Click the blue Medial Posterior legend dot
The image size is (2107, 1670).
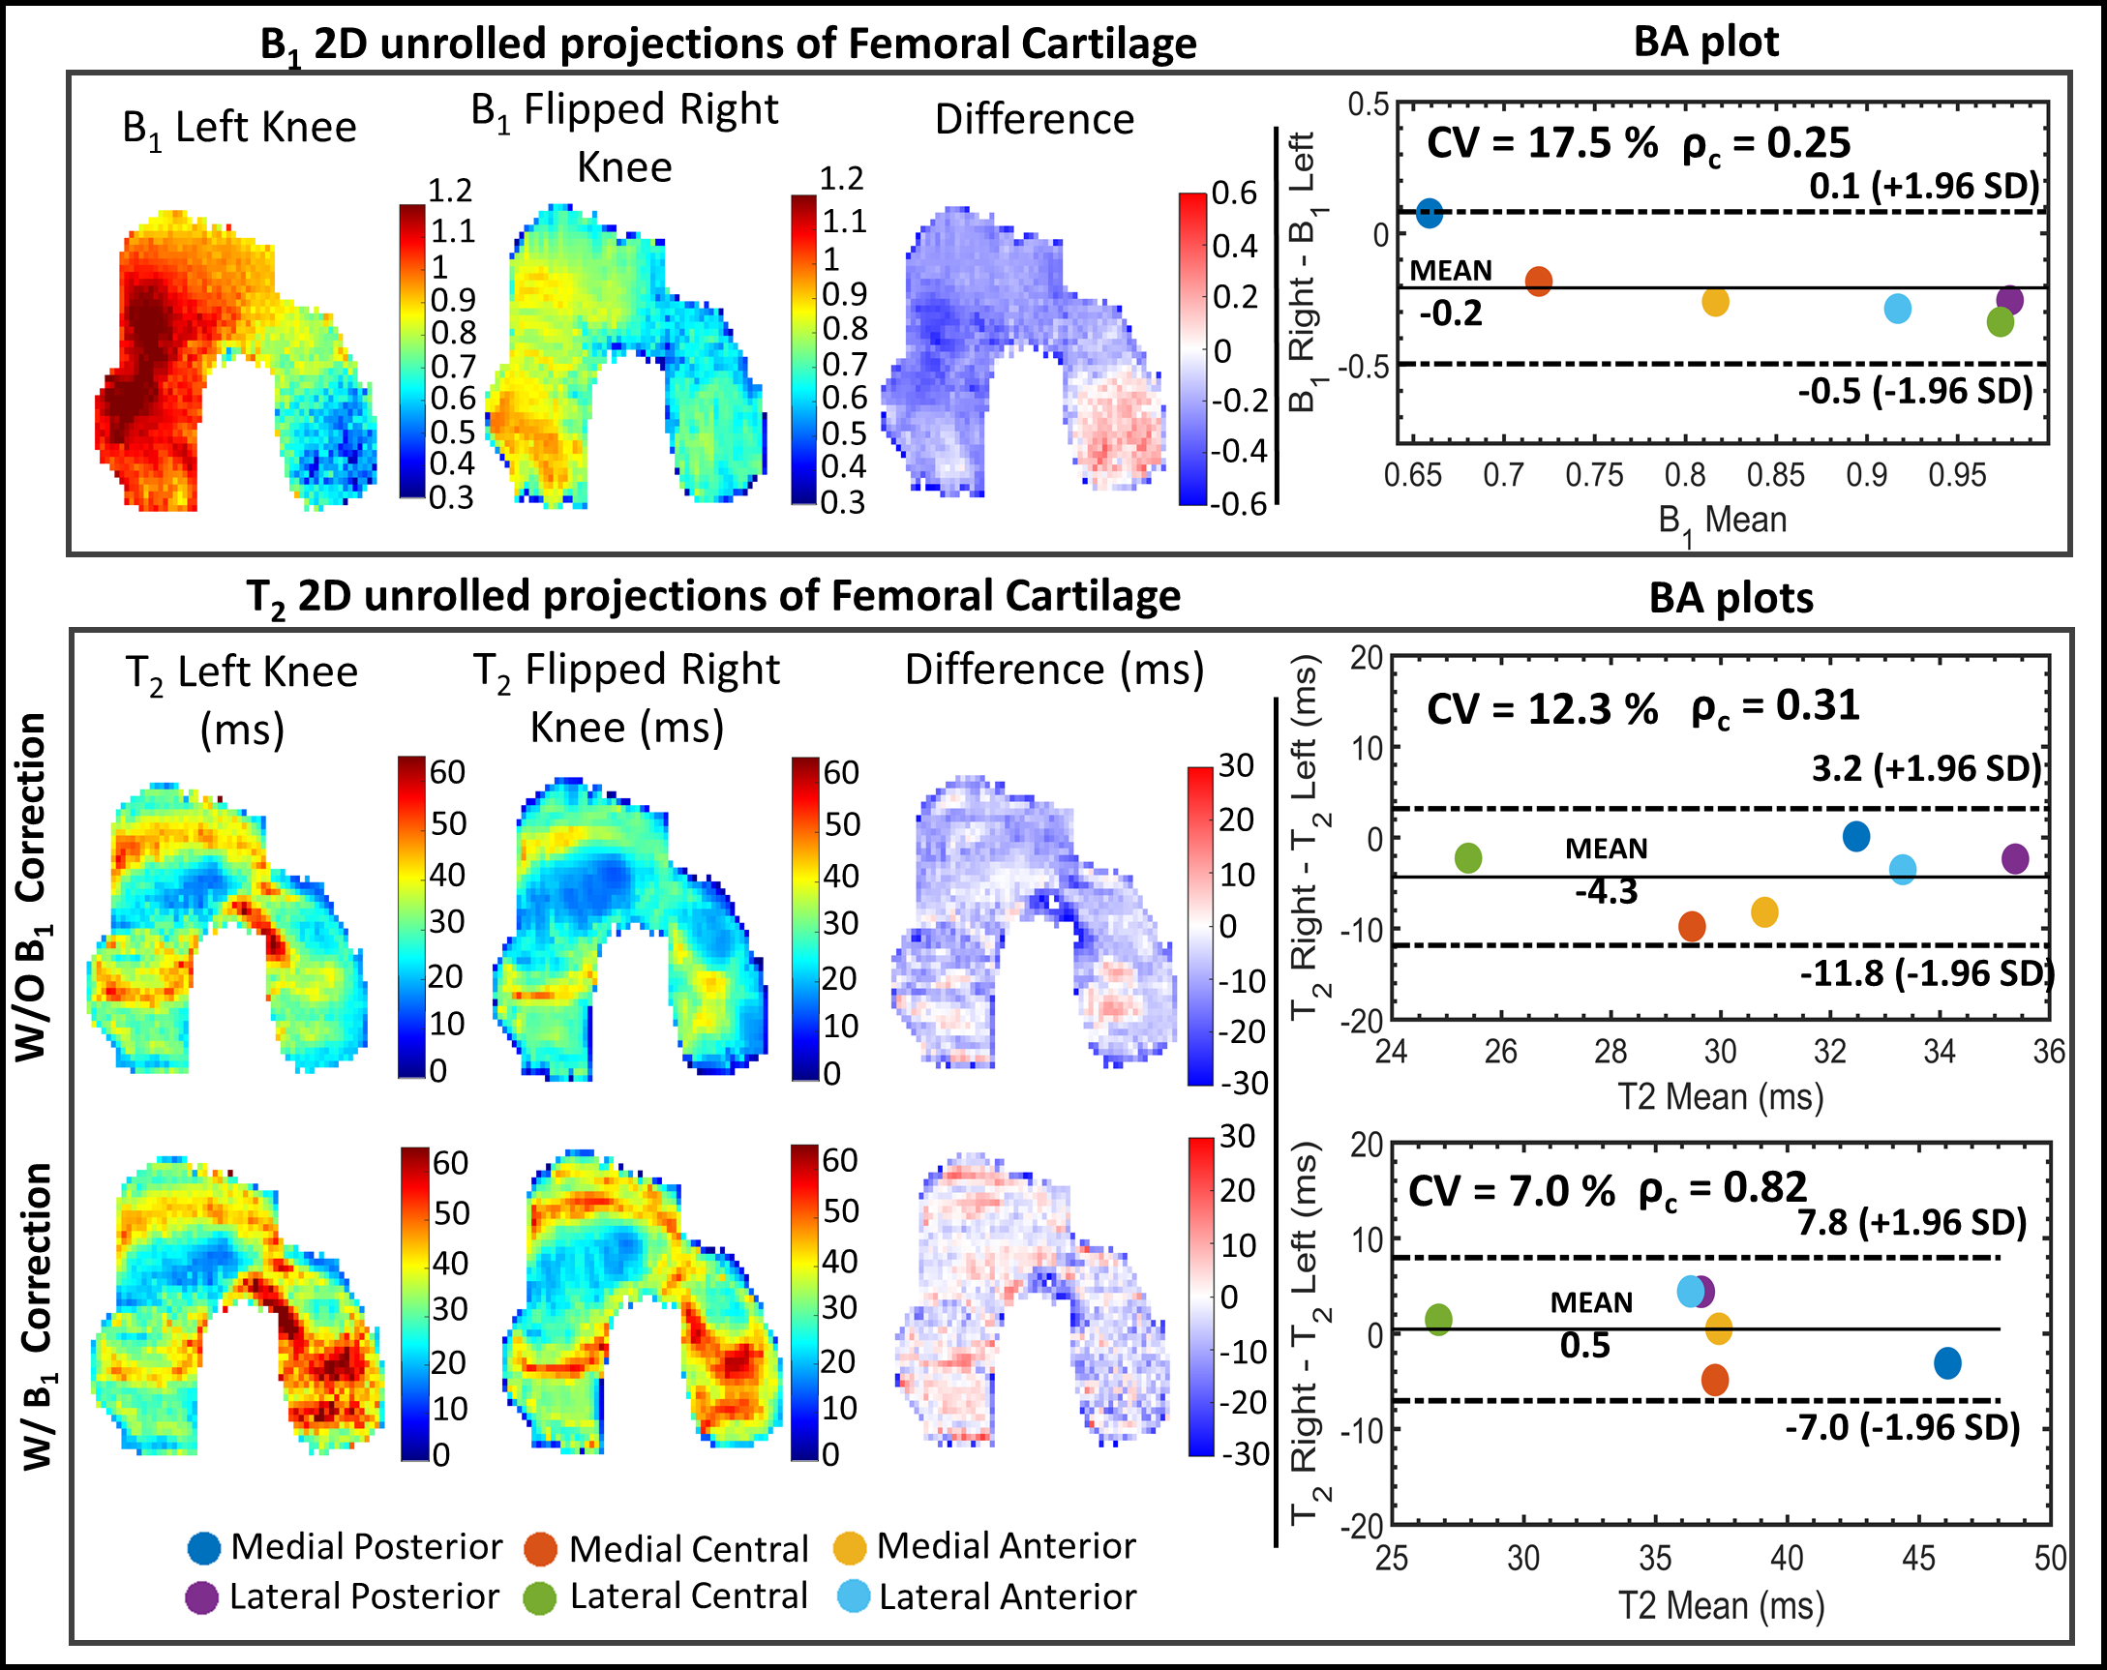click(204, 1548)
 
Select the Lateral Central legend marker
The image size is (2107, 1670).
click(539, 1597)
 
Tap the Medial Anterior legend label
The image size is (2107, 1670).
click(1006, 1546)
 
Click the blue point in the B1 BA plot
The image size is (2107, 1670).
click(1429, 212)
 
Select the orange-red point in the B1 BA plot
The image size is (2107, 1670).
click(1538, 282)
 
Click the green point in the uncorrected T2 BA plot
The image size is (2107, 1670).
click(1468, 858)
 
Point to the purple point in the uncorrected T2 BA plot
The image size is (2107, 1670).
click(2015, 858)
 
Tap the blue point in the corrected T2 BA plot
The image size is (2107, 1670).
click(1947, 1362)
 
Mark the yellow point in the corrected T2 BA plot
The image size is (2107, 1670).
click(1719, 1328)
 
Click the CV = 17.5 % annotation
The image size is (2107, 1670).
click(1542, 143)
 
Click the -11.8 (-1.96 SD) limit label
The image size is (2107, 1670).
click(1926, 973)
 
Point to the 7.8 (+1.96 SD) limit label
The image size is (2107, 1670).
click(1911, 1222)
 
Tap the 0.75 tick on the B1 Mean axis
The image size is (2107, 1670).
click(1594, 476)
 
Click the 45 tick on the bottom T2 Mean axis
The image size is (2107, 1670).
click(1918, 1558)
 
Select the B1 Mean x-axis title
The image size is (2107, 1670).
click(1722, 522)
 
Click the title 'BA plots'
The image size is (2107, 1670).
click(1731, 598)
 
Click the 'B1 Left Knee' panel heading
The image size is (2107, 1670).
click(239, 128)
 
